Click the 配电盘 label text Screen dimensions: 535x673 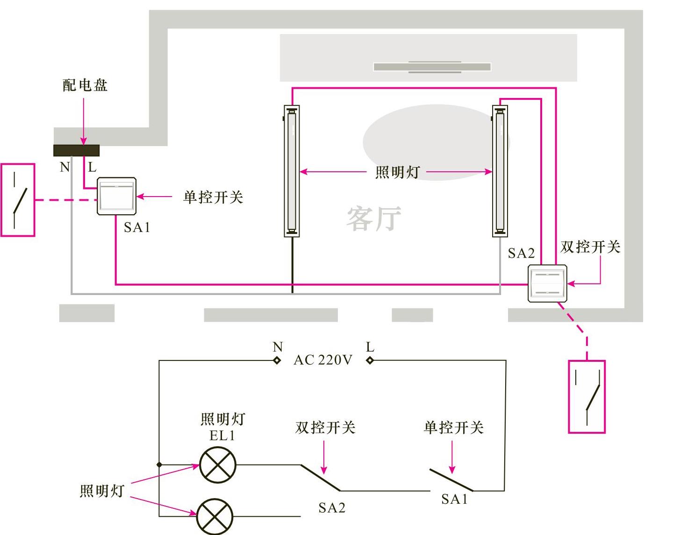tap(85, 85)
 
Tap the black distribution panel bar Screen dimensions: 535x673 tap(76, 150)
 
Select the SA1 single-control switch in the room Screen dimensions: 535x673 tap(116, 196)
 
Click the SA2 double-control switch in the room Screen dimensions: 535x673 tap(547, 283)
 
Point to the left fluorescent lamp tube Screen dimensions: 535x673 tap(292, 171)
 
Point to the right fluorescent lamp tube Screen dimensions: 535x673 tap(500, 171)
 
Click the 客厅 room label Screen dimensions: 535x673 tap(373, 218)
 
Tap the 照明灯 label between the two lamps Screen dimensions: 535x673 tap(397, 172)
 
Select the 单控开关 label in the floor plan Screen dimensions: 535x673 tap(213, 197)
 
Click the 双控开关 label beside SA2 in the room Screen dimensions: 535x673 tap(590, 246)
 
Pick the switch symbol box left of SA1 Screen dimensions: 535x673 tap(18, 200)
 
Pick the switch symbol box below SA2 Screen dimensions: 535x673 tap(587, 396)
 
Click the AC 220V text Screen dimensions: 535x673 tap(323, 360)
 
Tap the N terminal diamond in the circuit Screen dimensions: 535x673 tap(277, 360)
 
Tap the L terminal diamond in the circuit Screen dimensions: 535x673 tap(370, 360)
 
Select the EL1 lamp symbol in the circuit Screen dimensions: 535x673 tap(218, 465)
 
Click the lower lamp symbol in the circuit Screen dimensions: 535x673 tap(215, 516)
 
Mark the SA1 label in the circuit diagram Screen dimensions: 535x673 tap(454, 499)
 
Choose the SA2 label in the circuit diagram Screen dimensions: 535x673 tap(332, 507)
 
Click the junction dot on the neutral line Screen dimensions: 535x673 tap(159, 465)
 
